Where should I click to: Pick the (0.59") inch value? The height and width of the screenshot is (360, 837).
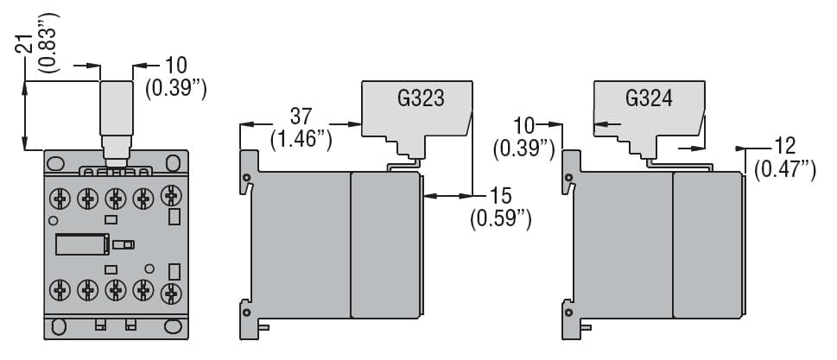pos(500,219)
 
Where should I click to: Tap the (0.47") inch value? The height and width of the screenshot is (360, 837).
pos(785,169)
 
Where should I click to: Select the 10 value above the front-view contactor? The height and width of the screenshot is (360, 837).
pos(175,65)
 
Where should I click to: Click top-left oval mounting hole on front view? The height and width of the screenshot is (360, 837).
pos(56,162)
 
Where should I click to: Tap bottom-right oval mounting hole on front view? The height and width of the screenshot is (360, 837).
pos(175,327)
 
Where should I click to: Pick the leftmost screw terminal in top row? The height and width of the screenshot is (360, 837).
pos(60,200)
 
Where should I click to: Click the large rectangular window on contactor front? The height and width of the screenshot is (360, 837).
pos(80,244)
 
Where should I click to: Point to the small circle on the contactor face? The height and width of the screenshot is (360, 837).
pos(149,268)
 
